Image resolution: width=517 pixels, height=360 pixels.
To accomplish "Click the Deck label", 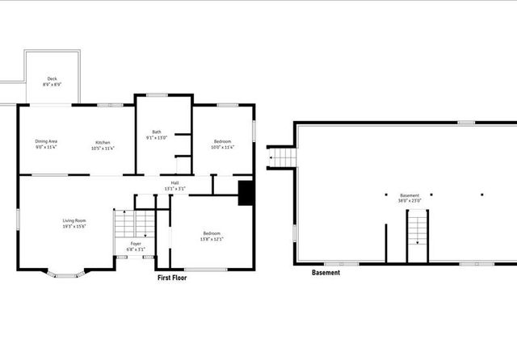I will point(52,79).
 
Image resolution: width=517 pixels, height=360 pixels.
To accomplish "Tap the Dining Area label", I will point(46,142).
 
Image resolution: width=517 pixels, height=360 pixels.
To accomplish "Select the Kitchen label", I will point(103,142).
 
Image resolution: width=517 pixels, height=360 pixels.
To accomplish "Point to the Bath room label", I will point(157,132).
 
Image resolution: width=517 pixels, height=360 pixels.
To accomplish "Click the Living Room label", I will point(74,220).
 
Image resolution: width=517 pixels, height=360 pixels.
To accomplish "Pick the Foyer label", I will point(136,243).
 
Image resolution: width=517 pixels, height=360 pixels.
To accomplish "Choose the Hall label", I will point(174,183).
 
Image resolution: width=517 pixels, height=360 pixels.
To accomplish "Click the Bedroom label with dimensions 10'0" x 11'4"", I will point(222,142).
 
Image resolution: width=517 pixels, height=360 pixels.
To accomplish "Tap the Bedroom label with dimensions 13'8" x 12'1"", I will point(212,233).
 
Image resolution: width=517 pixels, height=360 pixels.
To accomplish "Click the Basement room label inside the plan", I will point(410,195).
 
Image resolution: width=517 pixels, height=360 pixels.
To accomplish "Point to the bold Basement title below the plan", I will point(326,273).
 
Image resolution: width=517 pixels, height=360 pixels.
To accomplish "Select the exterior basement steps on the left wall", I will point(280,157).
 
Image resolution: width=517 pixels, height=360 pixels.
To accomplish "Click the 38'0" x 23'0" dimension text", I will point(410,200).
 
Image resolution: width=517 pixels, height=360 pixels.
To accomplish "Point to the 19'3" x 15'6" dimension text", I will point(74,225).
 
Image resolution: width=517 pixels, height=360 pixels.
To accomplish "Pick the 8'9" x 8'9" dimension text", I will point(52,84).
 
